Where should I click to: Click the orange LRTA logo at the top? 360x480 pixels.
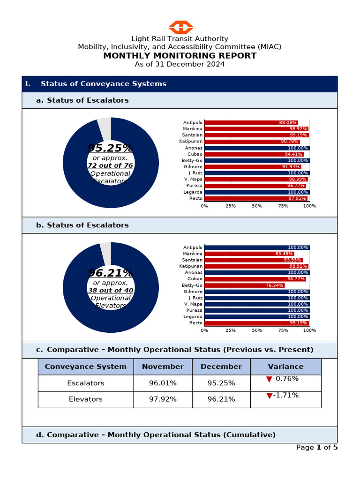[180, 27]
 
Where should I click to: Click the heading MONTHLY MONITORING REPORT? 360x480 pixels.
[180, 56]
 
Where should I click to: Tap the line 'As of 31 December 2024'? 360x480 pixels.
[180, 64]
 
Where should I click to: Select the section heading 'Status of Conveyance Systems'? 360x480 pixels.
[103, 84]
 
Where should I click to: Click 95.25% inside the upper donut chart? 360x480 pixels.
[111, 148]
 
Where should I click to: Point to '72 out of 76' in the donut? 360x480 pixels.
[111, 165]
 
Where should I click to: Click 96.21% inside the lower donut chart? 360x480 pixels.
[111, 273]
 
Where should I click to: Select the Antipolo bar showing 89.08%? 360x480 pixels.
[251, 123]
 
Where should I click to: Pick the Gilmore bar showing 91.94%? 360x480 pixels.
[253, 167]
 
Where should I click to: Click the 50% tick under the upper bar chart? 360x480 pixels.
[257, 206]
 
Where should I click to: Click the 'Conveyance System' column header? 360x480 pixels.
[86, 367]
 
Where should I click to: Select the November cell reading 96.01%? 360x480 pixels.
[163, 383]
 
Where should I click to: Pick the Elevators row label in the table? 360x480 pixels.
[86, 399]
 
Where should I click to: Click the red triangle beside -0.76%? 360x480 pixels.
[269, 379]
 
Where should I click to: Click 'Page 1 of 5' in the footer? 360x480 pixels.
[317, 447]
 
